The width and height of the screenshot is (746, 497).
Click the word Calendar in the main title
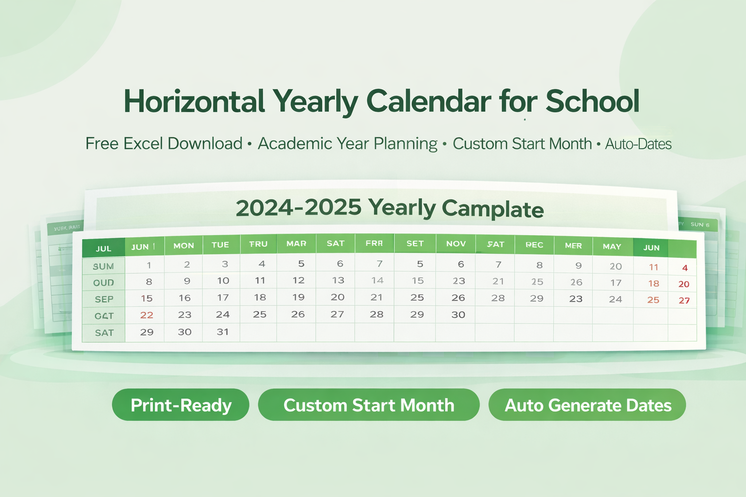pyautogui.click(x=428, y=101)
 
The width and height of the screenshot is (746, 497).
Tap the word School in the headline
pyautogui.click(x=592, y=101)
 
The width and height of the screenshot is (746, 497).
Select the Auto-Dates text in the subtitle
pyautogui.click(x=638, y=144)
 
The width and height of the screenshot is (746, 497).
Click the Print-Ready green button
pyautogui.click(x=181, y=405)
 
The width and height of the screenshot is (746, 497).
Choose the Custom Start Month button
pyautogui.click(x=369, y=405)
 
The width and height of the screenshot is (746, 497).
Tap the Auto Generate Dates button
pyautogui.click(x=587, y=405)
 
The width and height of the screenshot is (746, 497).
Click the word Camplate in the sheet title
pyautogui.click(x=492, y=209)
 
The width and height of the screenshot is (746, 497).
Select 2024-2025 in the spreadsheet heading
pyautogui.click(x=299, y=208)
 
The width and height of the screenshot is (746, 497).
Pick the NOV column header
pyautogui.click(x=456, y=244)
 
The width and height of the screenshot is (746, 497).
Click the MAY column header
pyautogui.click(x=612, y=247)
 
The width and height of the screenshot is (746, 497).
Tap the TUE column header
pyautogui.click(x=220, y=245)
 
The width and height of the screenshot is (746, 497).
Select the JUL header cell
pyautogui.click(x=103, y=248)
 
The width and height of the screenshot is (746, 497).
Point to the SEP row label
pyautogui.click(x=104, y=299)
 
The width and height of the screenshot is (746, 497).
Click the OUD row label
pyautogui.click(x=103, y=283)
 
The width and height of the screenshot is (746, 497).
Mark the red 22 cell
pyautogui.click(x=147, y=315)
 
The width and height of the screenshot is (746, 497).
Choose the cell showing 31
pyautogui.click(x=222, y=332)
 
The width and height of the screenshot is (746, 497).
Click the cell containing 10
pyautogui.click(x=223, y=281)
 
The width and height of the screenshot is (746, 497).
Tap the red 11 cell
pyautogui.click(x=653, y=267)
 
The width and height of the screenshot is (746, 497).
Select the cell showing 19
pyautogui.click(x=298, y=298)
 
